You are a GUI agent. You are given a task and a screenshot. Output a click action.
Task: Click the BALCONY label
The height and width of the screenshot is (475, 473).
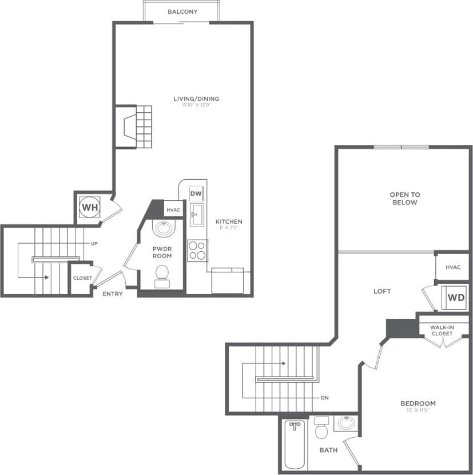182,11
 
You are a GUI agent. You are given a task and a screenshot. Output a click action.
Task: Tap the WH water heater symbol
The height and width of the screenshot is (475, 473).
89,207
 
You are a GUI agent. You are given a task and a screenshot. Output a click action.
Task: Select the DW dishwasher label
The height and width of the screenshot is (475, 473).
195,193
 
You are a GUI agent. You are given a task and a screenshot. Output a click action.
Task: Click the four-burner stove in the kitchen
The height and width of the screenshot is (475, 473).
197,250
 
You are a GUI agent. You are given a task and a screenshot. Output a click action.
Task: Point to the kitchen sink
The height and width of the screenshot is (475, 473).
197,215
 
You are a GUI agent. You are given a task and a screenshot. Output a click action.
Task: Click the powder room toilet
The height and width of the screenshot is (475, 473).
162,274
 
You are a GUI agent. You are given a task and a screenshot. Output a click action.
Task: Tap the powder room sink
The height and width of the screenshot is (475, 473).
163,228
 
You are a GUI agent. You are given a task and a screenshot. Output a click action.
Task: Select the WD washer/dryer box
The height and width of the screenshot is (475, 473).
456,298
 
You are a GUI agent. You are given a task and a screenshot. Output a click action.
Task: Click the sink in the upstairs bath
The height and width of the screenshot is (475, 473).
345,423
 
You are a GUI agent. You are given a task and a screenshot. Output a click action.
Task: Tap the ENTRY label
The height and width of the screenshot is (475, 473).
113,294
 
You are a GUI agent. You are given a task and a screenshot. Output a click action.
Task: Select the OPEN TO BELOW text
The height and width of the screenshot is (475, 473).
404,199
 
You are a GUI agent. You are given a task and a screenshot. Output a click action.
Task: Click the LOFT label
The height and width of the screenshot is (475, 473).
382,291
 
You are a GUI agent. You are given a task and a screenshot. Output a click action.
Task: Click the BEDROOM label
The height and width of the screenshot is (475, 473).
418,403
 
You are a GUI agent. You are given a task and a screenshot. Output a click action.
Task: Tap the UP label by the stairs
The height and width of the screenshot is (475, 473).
94,243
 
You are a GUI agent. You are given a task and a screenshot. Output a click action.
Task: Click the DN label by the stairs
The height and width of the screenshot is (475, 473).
324,398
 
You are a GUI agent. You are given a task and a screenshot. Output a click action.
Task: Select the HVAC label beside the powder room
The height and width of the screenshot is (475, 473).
173,210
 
